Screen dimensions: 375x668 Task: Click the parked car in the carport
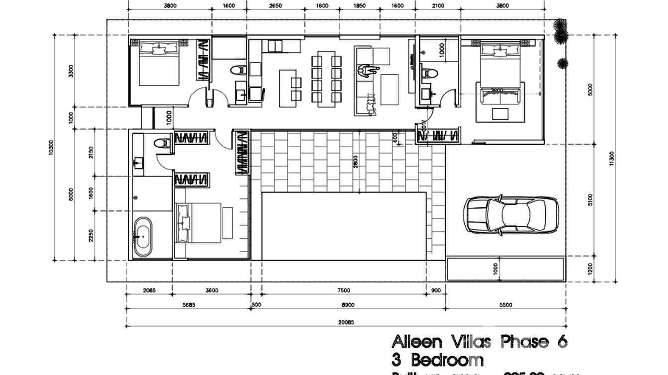(511, 215)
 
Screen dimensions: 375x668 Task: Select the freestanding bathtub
(143, 236)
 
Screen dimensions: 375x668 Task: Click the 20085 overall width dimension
(345, 322)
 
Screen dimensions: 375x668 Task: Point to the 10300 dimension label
(51, 147)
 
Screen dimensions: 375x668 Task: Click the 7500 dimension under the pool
(344, 291)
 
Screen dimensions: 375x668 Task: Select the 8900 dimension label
(348, 305)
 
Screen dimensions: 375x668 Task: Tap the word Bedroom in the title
(446, 360)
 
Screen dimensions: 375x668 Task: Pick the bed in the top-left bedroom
(159, 63)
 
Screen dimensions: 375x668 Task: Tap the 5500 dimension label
(506, 305)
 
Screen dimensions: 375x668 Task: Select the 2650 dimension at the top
(275, 6)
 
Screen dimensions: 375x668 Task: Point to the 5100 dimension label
(591, 200)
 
